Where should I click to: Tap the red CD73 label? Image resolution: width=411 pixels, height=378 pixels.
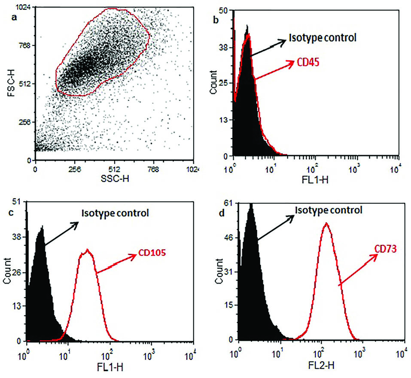click(384, 248)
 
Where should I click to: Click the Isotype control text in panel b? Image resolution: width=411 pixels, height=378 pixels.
click(323, 38)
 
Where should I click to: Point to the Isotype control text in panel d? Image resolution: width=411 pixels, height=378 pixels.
click(329, 210)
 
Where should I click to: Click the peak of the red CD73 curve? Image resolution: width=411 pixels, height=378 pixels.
click(326, 223)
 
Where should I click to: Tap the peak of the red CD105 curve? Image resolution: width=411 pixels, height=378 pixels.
click(88, 250)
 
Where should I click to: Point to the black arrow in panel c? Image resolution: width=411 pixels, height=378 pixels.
click(61, 235)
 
